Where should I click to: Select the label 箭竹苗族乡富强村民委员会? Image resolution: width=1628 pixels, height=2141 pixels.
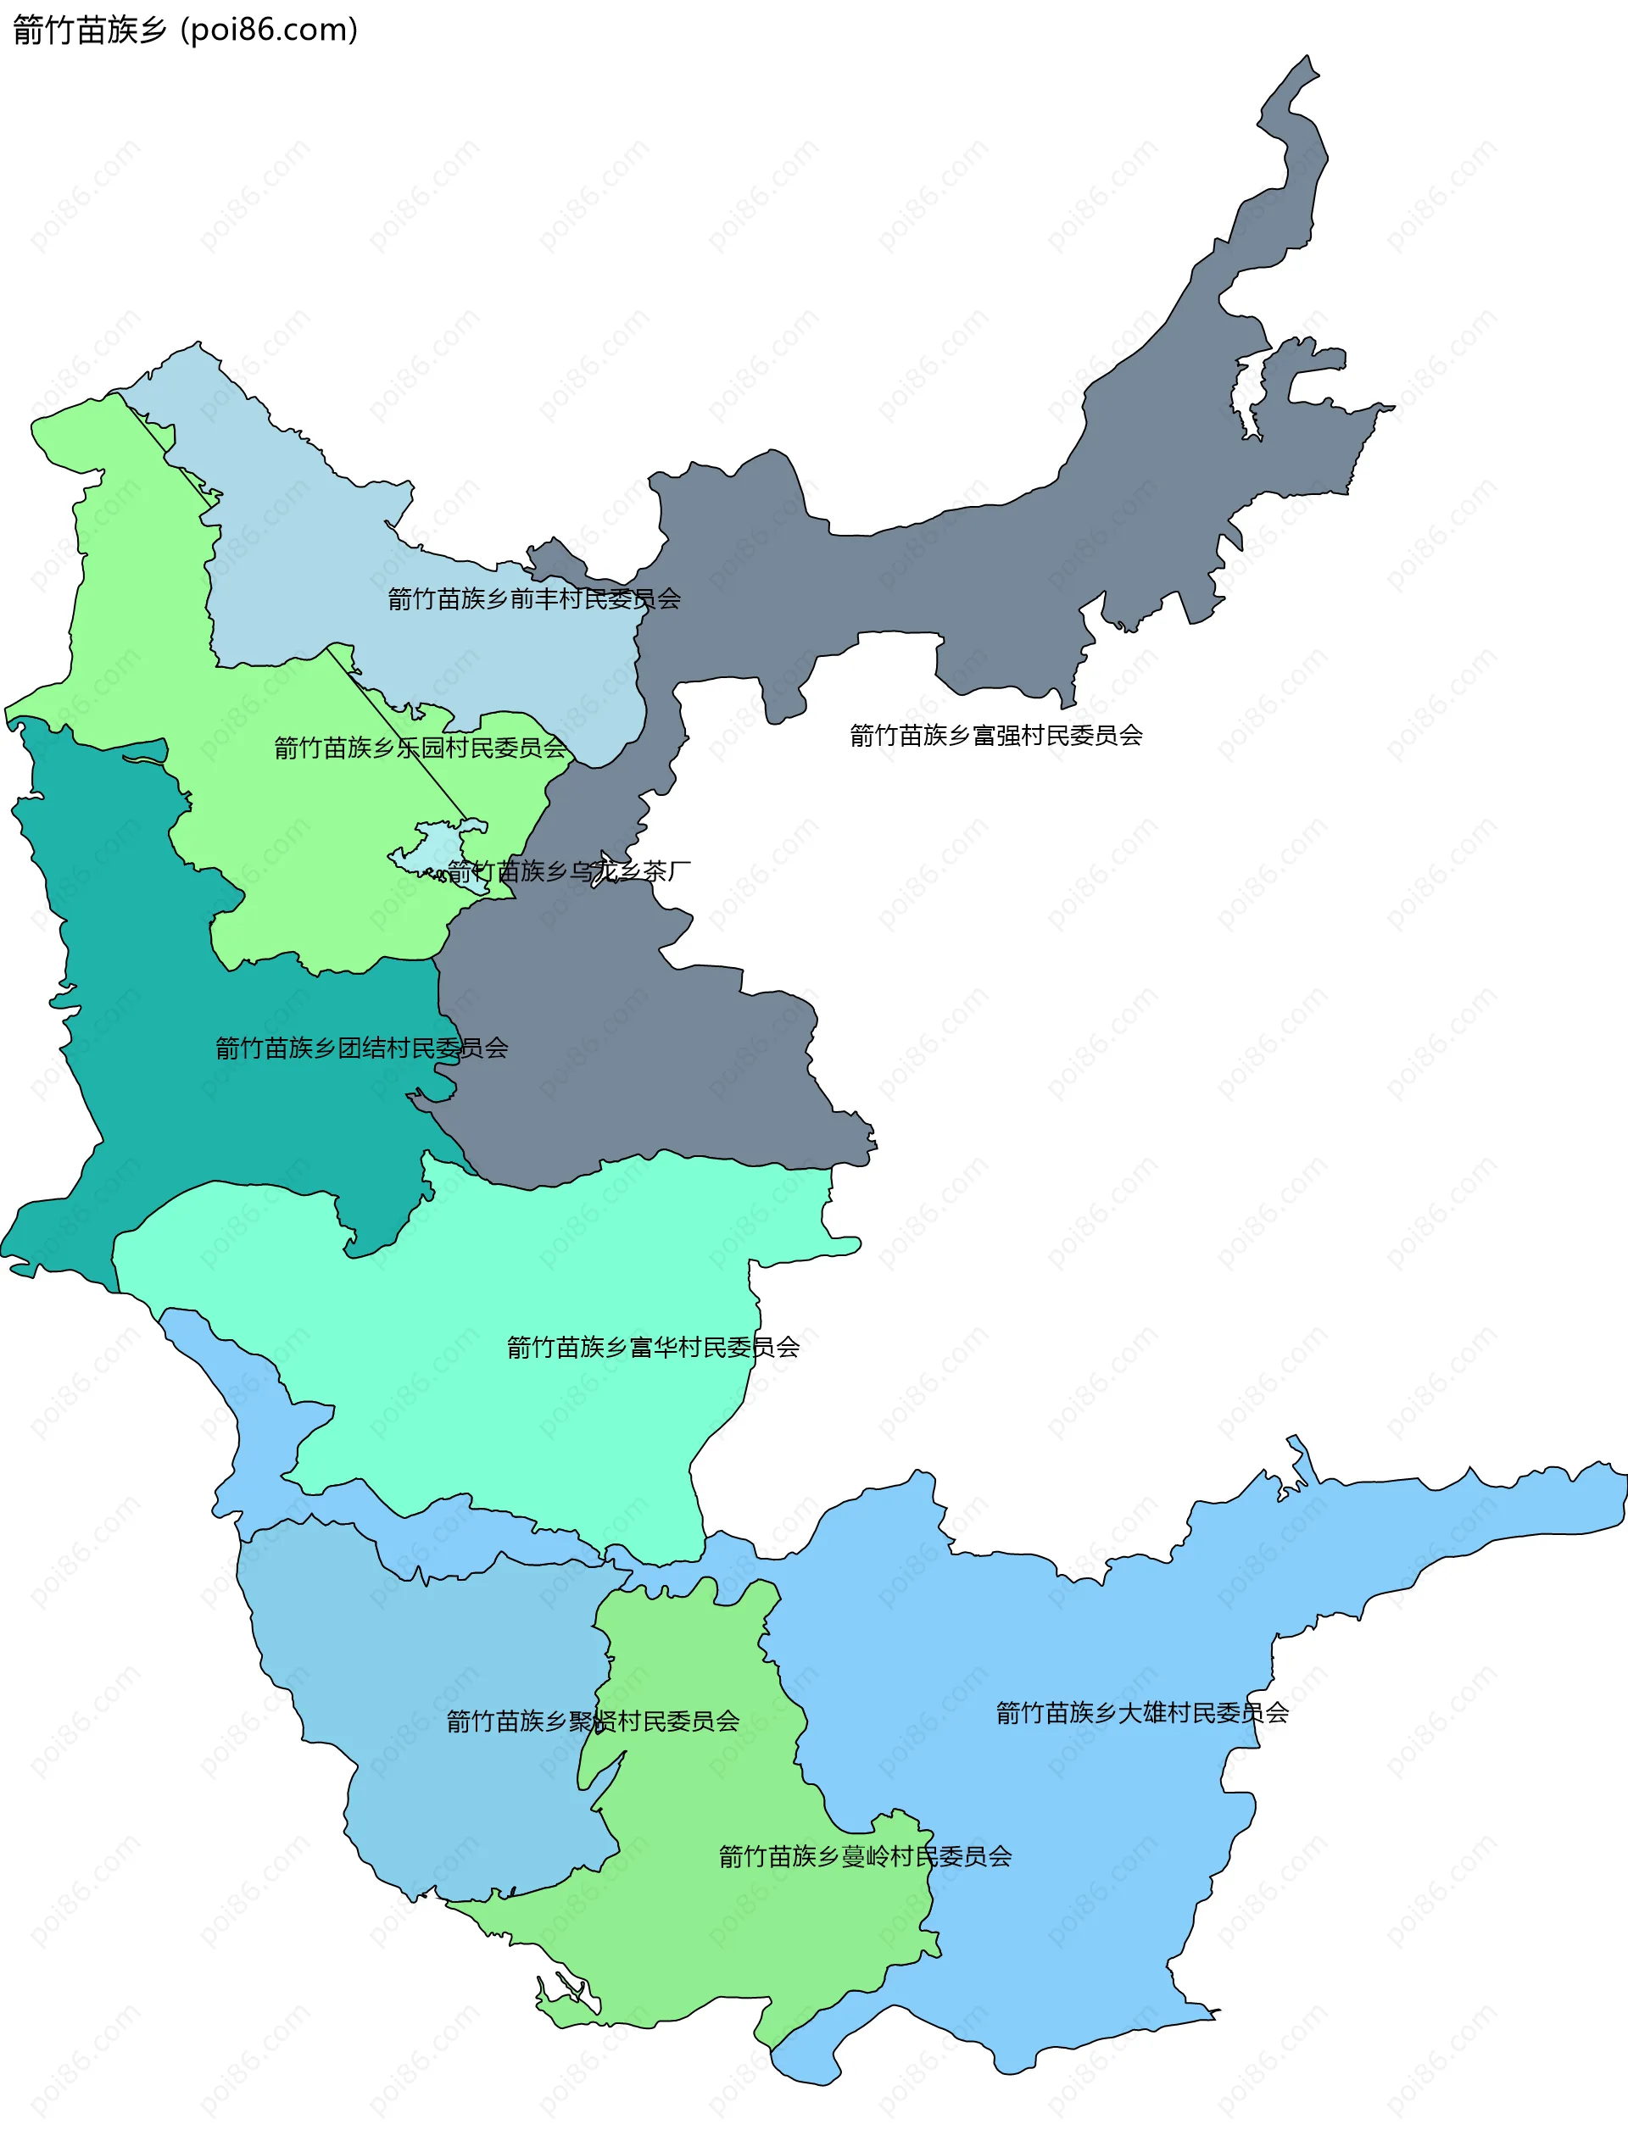(996, 736)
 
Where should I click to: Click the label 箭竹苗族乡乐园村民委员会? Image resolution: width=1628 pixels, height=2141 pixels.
(420, 747)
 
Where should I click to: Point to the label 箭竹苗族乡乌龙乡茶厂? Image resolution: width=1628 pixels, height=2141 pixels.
(569, 871)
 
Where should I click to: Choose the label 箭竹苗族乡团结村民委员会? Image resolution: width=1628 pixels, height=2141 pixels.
(361, 1048)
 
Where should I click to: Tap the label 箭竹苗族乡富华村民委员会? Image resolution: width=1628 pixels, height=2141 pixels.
(653, 1347)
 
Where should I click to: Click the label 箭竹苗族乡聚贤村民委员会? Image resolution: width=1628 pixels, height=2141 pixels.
(592, 1721)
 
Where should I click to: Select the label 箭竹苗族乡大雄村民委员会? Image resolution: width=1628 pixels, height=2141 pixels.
(1142, 1712)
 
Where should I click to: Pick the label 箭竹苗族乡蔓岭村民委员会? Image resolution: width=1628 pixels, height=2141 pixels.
(866, 1856)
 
